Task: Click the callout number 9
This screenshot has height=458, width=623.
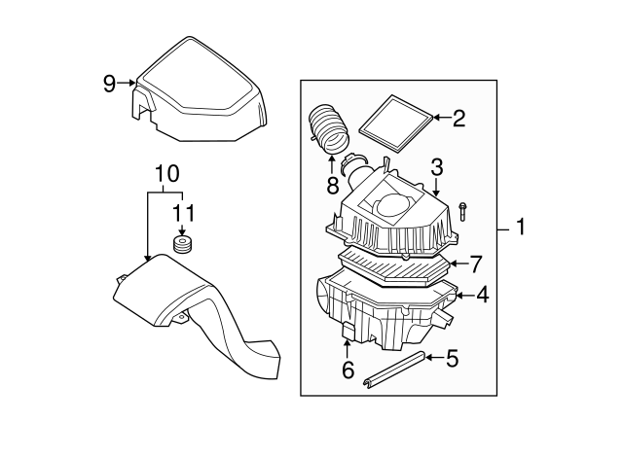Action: [109, 84]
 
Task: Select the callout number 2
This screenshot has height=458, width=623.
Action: [458, 119]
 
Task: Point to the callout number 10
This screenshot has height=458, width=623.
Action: [166, 174]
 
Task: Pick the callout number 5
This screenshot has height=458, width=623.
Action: [451, 359]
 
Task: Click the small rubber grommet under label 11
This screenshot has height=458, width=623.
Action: [180, 243]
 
